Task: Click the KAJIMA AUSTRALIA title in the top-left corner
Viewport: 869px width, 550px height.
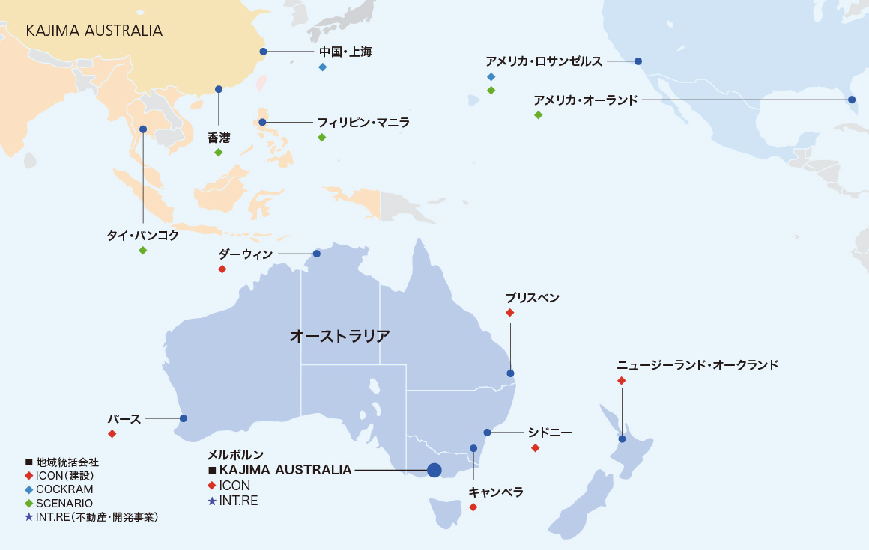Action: click(94, 31)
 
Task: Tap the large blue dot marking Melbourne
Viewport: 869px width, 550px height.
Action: click(434, 470)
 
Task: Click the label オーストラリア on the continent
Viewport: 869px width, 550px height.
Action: click(339, 336)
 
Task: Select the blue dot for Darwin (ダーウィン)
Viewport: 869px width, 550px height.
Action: click(317, 254)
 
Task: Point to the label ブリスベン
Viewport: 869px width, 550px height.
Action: click(532, 298)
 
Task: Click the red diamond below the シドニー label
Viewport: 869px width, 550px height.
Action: click(535, 448)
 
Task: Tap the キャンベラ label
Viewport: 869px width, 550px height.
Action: click(495, 492)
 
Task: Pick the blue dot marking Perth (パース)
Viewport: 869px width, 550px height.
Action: click(184, 418)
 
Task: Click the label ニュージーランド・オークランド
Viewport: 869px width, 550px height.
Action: click(697, 365)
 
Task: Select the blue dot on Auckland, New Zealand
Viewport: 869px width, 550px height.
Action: click(622, 439)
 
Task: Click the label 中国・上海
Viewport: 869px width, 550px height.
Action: click(345, 52)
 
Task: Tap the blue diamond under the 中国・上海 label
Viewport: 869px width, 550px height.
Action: click(323, 67)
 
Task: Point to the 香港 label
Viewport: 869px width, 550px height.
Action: click(218, 138)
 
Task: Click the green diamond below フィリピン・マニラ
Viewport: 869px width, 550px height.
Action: click(322, 138)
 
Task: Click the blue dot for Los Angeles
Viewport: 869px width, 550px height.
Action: click(638, 61)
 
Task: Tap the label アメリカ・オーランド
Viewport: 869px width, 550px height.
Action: click(586, 100)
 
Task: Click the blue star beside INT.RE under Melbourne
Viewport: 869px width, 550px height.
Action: click(212, 501)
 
